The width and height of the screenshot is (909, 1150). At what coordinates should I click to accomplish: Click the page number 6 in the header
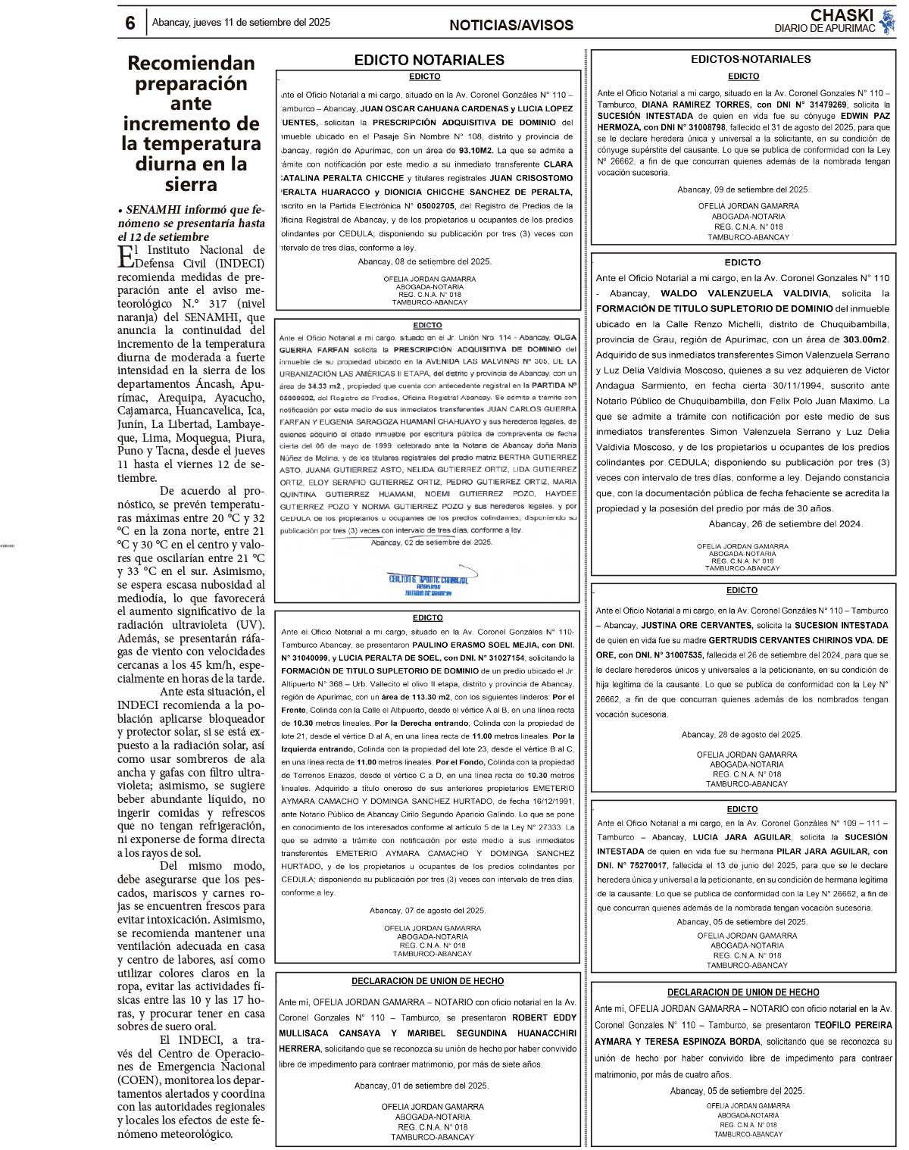[x=130, y=23]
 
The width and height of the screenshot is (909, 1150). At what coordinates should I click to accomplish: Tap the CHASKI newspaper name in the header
[x=842, y=15]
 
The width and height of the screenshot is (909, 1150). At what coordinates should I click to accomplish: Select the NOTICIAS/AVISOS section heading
[x=511, y=25]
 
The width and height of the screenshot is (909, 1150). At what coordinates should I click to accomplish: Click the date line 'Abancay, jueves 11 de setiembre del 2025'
[x=241, y=23]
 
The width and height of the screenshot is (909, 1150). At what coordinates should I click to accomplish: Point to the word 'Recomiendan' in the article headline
[x=191, y=63]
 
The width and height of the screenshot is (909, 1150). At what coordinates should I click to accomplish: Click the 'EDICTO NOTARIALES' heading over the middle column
[x=429, y=60]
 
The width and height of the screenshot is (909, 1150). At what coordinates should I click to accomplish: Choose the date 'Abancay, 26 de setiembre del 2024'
[x=785, y=523]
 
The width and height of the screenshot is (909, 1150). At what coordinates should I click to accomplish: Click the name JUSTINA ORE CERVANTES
[x=697, y=626]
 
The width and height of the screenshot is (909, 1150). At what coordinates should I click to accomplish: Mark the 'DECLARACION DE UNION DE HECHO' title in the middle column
[x=427, y=981]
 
